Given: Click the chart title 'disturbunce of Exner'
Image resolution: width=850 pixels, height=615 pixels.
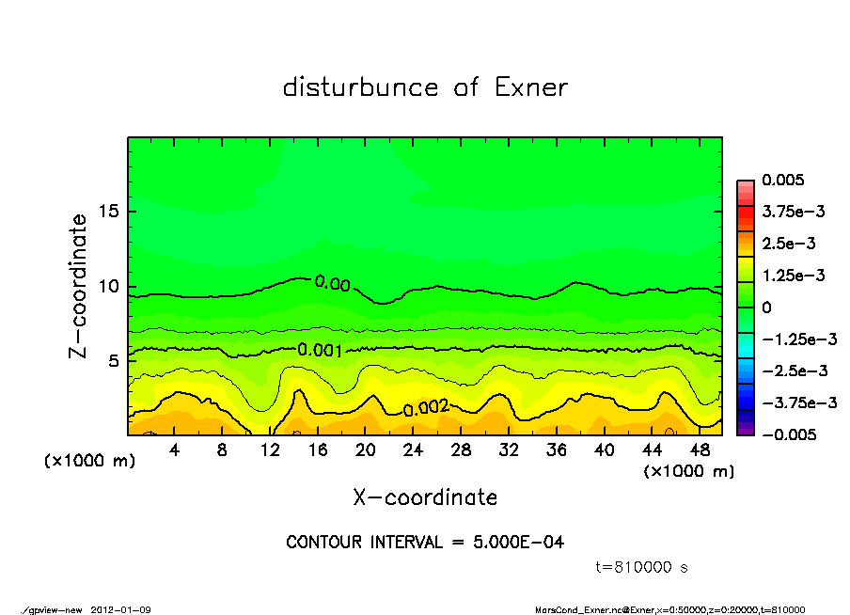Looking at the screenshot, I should (x=425, y=87).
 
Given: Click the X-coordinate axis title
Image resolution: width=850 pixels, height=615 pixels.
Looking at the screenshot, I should (x=425, y=497).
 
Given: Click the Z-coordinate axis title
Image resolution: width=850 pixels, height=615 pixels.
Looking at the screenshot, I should (x=78, y=286).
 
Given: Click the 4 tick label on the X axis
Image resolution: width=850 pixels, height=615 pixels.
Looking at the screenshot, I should (x=175, y=450).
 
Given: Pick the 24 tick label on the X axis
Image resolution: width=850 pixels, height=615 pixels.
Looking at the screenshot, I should (x=413, y=450).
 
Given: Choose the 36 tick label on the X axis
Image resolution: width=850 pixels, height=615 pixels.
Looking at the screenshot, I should (x=557, y=450).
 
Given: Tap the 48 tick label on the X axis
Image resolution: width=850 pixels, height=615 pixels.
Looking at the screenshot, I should (x=700, y=450).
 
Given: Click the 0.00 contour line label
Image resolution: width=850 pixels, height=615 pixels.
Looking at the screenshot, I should (x=332, y=283).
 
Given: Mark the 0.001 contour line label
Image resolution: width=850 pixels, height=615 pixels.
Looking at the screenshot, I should (x=320, y=350).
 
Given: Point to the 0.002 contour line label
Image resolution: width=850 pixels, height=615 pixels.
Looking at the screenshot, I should (x=426, y=409).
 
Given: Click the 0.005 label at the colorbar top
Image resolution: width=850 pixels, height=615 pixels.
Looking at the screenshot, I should (x=781, y=180).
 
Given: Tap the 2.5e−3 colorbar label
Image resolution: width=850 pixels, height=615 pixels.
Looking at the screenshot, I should (x=788, y=244).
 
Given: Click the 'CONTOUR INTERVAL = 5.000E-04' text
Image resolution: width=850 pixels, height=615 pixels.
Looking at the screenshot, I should (x=425, y=543).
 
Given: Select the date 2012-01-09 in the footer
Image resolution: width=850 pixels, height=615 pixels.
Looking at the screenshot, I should (x=121, y=609).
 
